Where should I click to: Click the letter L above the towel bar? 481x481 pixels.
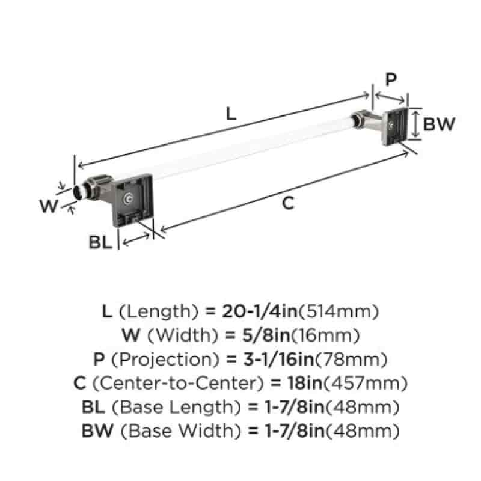pyautogui.click(x=231, y=114)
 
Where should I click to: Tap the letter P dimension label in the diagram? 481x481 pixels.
pyautogui.click(x=391, y=79)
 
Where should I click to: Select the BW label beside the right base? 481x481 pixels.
pyautogui.click(x=439, y=124)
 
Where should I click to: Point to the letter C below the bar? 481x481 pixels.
pyautogui.click(x=288, y=203)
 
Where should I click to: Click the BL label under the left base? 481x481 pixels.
pyautogui.click(x=100, y=242)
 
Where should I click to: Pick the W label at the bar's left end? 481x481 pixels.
pyautogui.click(x=49, y=206)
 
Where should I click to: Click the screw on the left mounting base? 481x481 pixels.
pyautogui.click(x=128, y=200)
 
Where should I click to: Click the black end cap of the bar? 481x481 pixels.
pyautogui.click(x=77, y=192)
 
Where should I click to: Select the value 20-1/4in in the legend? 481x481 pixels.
pyautogui.click(x=260, y=311)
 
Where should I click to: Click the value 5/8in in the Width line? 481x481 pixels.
pyautogui.click(x=266, y=335)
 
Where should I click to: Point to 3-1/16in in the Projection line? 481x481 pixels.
pyautogui.click(x=279, y=359)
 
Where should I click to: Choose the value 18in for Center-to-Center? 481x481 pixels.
pyautogui.click(x=305, y=383)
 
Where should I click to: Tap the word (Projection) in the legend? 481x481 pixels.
pyautogui.click(x=165, y=359)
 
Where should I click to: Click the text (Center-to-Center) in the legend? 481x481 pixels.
pyautogui.click(x=178, y=383)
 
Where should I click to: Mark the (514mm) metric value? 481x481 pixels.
pyautogui.click(x=339, y=311)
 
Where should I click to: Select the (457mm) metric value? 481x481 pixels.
pyautogui.click(x=366, y=383)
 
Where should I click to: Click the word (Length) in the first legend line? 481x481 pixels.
pyautogui.click(x=159, y=311)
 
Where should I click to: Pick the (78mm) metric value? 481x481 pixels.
pyautogui.click(x=351, y=359)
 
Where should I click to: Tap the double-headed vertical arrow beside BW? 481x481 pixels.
pyautogui.click(x=415, y=124)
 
